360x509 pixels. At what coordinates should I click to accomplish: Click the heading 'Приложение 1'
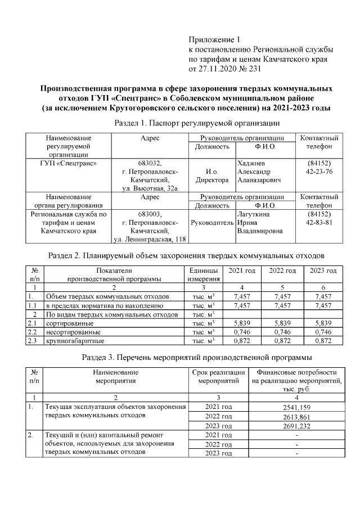(214, 40)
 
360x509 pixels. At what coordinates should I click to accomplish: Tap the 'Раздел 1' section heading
(196, 122)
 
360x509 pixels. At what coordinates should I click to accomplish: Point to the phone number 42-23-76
(319, 172)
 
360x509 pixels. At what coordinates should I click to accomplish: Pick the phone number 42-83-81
(319, 222)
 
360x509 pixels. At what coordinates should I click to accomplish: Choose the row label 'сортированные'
(70, 323)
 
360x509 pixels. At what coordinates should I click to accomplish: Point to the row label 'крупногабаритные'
(74, 341)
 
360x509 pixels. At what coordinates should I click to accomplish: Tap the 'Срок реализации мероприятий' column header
(219, 376)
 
